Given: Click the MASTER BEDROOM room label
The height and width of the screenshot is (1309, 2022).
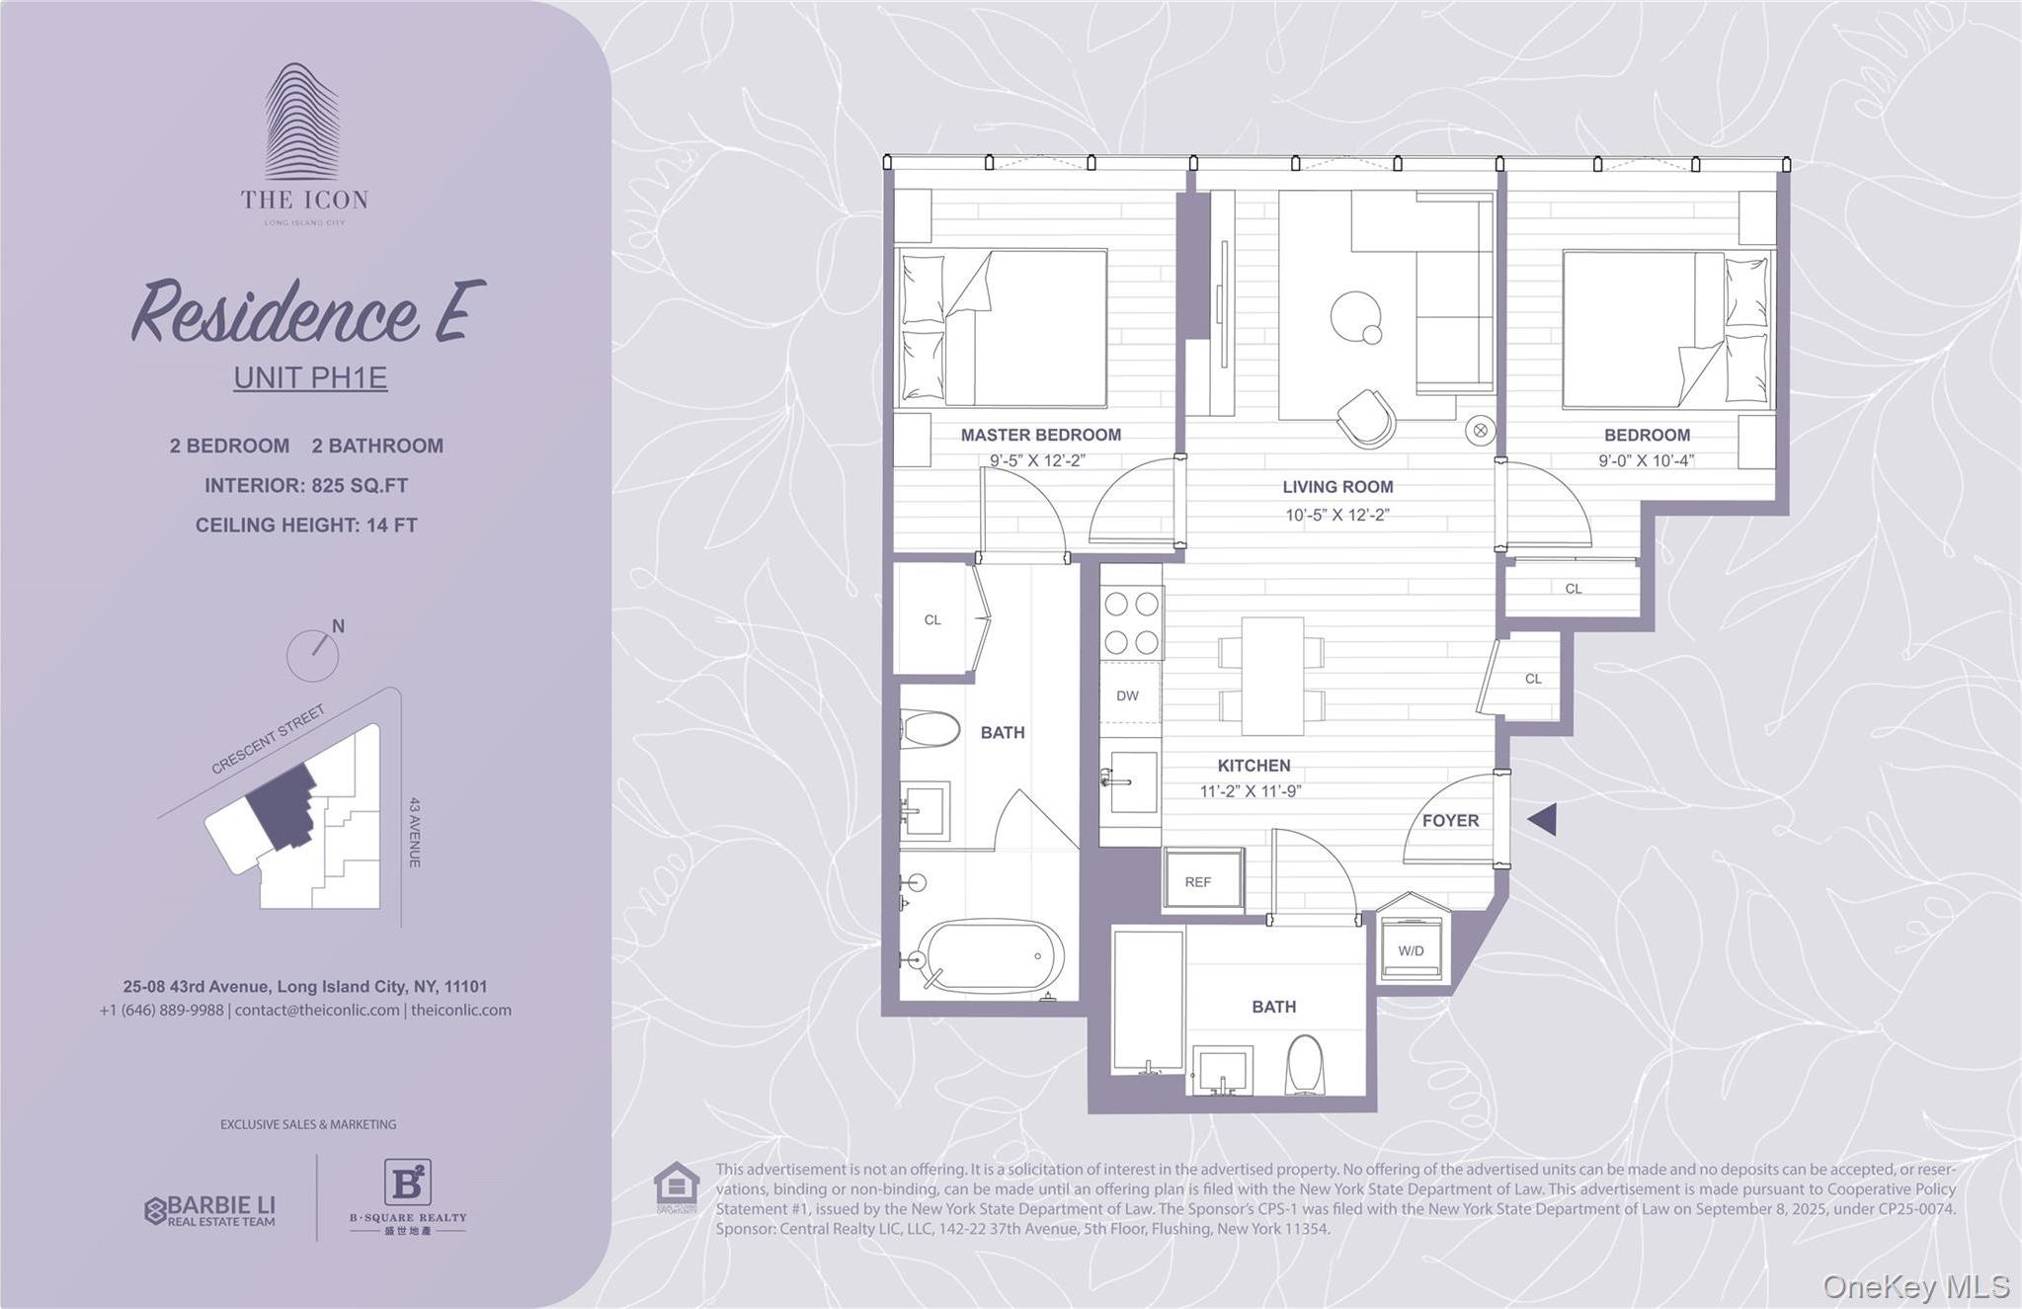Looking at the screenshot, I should (1040, 435).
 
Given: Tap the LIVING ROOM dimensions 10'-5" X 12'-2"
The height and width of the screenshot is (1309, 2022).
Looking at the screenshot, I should (1336, 515).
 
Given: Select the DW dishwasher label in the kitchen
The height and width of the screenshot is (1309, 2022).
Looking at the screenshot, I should (1127, 695).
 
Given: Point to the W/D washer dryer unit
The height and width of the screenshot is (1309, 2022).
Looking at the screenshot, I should (1411, 949).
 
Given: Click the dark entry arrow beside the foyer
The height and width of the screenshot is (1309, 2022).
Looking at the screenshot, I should (1544, 819).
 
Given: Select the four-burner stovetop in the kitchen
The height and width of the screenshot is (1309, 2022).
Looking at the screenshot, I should (1131, 622).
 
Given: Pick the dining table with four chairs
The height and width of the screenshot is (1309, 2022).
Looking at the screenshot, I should (1271, 677).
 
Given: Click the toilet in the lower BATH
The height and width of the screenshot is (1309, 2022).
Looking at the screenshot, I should (1305, 1065).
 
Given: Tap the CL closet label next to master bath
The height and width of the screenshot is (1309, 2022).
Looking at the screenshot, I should (932, 619).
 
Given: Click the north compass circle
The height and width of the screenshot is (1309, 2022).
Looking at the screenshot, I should (312, 655).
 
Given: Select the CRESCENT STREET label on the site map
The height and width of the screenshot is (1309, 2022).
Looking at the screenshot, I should (269, 740).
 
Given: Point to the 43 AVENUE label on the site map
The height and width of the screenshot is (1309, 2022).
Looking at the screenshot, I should (415, 832).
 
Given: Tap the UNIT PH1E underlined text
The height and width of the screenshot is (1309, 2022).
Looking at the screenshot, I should (310, 378).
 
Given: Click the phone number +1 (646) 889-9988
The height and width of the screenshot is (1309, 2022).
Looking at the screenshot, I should (161, 1010).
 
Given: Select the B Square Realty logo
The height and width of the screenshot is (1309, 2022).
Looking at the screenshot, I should (407, 1195).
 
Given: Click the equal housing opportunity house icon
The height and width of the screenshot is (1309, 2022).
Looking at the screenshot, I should (677, 1187).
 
